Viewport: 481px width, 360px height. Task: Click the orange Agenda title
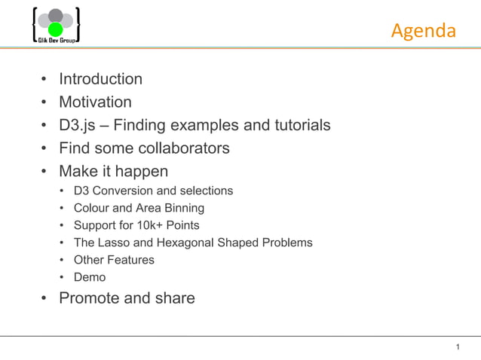pos(424,31)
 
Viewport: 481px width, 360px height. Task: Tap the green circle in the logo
pos(55,29)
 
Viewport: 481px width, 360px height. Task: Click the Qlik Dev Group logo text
pos(56,39)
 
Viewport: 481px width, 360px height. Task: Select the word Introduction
pos(100,79)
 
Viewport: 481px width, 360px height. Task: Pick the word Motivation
pos(95,102)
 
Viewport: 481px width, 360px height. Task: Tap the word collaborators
pos(181,148)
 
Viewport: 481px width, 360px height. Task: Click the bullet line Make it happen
pos(113,171)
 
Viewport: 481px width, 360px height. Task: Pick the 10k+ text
pos(149,225)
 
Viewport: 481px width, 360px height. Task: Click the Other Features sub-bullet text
pos(114,260)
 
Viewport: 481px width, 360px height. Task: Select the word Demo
pos(90,277)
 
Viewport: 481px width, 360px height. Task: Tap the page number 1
pos(458,346)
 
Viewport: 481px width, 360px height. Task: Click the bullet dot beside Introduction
pos(44,80)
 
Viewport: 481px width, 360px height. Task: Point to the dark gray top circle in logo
pos(55,16)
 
